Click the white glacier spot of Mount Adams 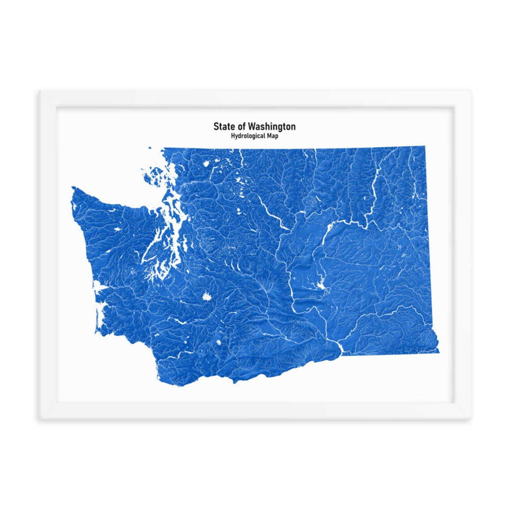tap(219, 343)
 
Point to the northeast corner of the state tap(424, 146)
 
